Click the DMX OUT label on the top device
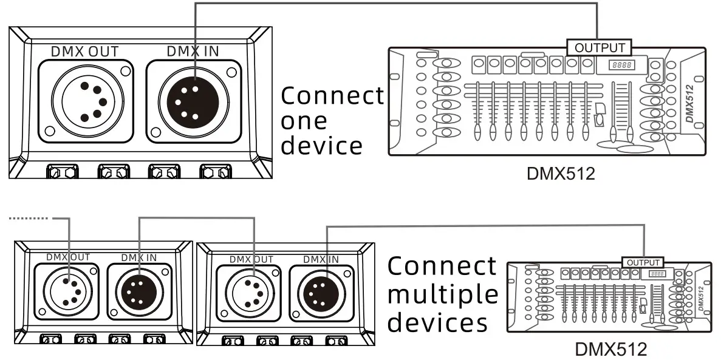84,51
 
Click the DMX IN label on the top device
193,51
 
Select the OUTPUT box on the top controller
599,47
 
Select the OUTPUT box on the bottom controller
643,262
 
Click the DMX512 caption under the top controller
560,174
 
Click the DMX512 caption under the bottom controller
610,349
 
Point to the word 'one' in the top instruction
304,121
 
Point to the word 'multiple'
442,294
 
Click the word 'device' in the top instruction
322,146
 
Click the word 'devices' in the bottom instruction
437,322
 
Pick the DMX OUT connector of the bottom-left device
67,290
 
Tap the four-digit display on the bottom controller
657,274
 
